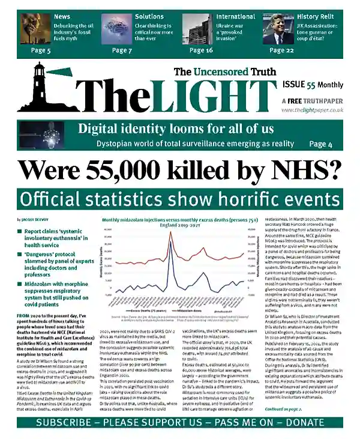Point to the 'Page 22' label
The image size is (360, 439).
tap(281, 50)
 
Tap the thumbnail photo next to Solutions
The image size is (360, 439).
tap(115, 28)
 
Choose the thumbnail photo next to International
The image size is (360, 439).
tap(197, 28)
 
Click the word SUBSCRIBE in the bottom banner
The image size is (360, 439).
tap(64, 423)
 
